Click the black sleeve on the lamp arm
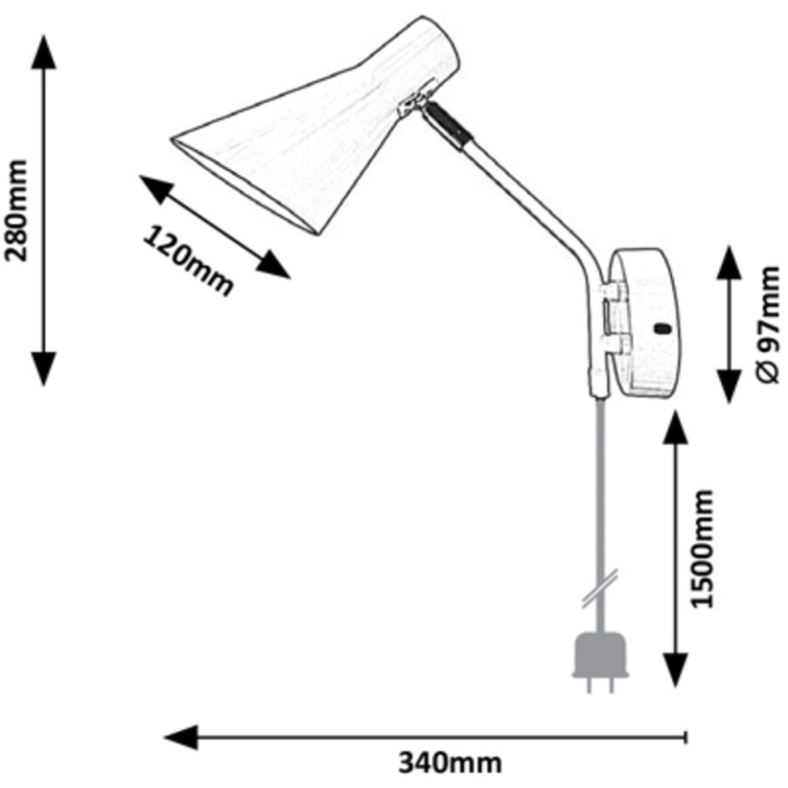coord(451,124)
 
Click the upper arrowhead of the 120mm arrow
coord(155,190)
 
